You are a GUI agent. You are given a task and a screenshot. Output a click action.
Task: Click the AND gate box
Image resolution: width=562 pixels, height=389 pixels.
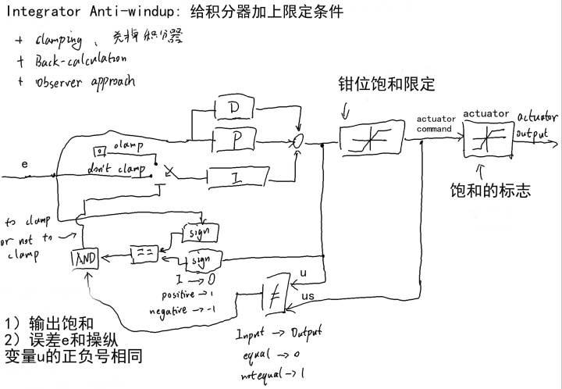85,258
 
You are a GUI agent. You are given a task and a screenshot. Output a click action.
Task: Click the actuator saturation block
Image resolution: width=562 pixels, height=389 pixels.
486,141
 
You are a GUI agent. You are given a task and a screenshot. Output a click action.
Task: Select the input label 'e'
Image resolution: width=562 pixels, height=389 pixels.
25,166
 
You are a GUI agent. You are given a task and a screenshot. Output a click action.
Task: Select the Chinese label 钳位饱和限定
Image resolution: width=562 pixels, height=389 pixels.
386,84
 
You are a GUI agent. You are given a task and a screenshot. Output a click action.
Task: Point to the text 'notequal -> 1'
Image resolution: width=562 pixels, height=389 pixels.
272,374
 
